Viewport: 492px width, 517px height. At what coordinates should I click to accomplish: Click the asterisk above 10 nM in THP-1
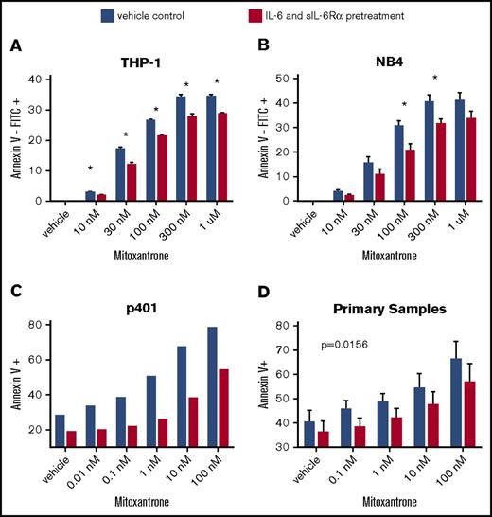pyautogui.click(x=89, y=169)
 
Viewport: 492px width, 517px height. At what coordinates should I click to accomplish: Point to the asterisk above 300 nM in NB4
pyautogui.click(x=434, y=78)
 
